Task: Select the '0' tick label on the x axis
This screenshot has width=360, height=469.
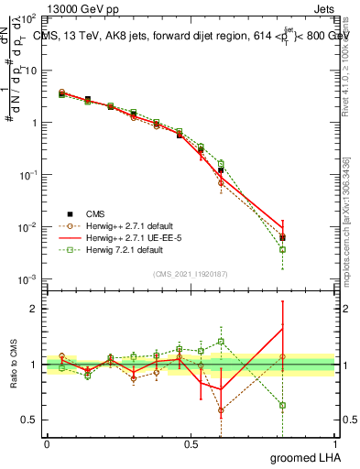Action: (47, 443)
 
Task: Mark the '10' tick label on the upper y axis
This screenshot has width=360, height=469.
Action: (29, 70)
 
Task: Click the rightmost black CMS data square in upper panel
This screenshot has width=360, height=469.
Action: (283, 237)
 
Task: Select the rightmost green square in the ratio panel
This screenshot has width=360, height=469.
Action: (283, 405)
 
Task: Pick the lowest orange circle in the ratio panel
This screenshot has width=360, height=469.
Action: (221, 410)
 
